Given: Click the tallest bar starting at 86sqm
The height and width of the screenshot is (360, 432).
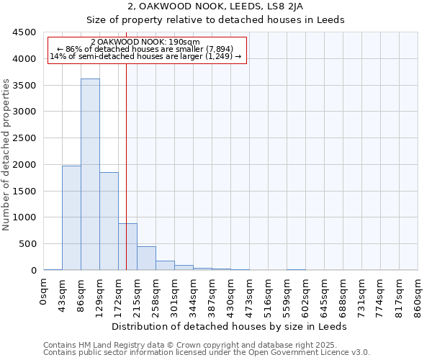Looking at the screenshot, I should [90, 174].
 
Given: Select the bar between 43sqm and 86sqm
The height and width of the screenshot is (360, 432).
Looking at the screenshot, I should [71, 218].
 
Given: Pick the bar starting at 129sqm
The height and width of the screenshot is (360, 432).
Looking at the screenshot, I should [109, 221].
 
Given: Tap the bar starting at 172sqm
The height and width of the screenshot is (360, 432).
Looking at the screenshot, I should [127, 247].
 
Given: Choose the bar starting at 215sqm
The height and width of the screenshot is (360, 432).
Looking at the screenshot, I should [146, 258].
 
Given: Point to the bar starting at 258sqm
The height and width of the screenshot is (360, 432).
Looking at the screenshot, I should [165, 266].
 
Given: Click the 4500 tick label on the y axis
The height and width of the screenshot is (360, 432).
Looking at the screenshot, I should [24, 32].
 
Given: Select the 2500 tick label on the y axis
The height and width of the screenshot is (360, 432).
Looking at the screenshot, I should [24, 138].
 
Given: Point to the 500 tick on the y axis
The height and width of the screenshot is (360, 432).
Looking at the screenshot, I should [27, 244].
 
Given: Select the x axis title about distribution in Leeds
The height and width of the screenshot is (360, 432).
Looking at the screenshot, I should [230, 326].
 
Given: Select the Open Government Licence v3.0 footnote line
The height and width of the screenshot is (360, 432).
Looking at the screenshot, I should [207, 353].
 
